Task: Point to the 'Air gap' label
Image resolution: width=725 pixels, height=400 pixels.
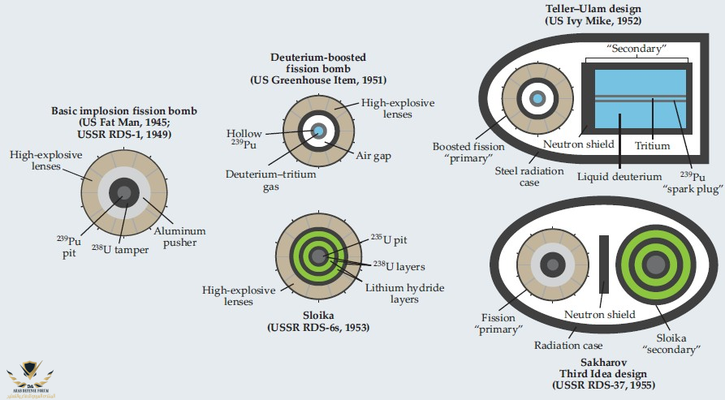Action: (x=371, y=155)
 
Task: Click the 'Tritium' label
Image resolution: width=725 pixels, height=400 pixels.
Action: (x=654, y=146)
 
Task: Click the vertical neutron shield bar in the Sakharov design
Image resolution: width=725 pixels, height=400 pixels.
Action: (x=603, y=252)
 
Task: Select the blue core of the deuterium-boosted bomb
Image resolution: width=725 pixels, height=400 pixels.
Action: (x=319, y=131)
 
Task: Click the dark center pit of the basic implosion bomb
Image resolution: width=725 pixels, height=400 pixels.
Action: (x=124, y=192)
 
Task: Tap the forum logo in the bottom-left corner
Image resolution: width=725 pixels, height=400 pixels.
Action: (x=28, y=377)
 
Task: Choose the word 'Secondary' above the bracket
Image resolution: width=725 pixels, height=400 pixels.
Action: (x=638, y=48)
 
